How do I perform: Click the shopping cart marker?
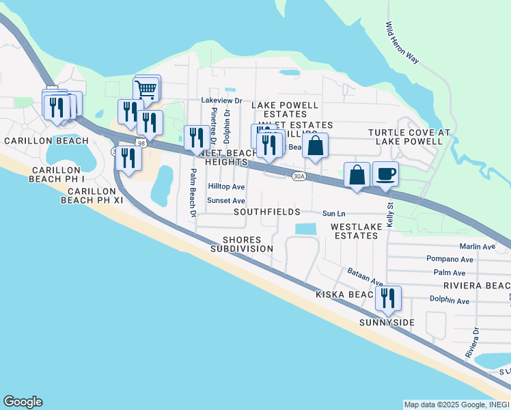147,89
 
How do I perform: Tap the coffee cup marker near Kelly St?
385,175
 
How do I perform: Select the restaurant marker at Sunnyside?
387,298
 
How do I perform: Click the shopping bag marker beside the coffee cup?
357,175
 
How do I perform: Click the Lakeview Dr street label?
221,100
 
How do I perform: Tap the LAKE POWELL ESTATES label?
285,109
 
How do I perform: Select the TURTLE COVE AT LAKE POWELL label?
406,137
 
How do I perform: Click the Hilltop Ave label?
226,187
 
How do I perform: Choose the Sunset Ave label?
226,201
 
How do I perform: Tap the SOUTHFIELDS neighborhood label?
266,213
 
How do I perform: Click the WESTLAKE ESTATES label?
354,231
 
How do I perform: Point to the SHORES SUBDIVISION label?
241,245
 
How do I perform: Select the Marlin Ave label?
478,247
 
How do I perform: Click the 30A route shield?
299,176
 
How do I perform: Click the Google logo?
23,402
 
